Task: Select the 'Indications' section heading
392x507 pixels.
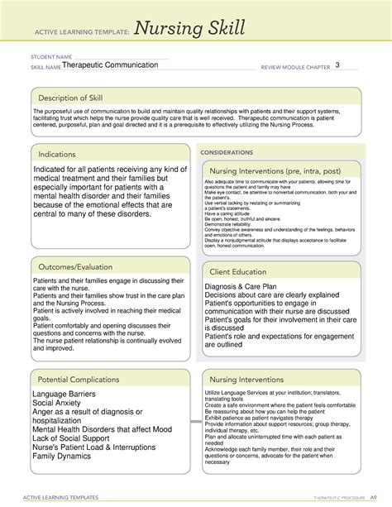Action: [x=59, y=154]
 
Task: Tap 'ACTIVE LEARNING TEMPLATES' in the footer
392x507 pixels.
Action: [x=60, y=499]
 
